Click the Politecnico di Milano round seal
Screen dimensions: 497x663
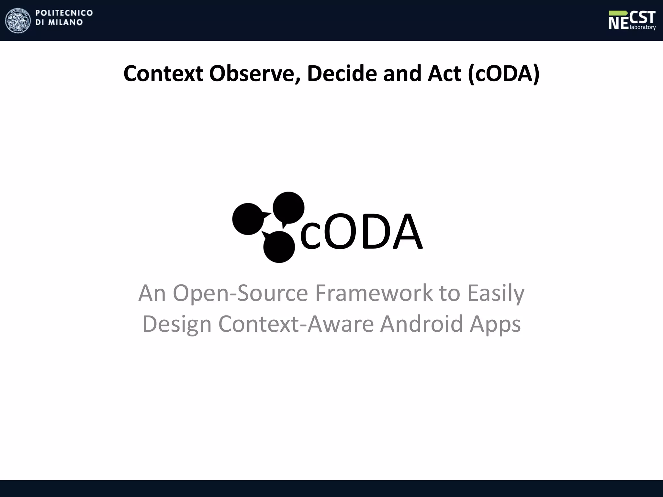pos(18,20)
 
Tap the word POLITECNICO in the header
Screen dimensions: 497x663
pos(64,13)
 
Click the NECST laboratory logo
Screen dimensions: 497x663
pos(632,20)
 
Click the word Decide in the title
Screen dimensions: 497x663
pos(342,73)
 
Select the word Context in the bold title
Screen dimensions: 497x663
pos(163,73)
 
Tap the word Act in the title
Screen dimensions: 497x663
pos(444,73)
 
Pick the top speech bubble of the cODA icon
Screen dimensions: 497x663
pos(288,208)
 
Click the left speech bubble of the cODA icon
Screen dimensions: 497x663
pos(248,219)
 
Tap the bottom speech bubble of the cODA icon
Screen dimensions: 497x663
pos(279,247)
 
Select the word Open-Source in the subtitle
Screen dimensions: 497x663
pos(240,293)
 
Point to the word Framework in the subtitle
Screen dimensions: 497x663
pos(374,293)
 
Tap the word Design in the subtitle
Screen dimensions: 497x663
pos(177,324)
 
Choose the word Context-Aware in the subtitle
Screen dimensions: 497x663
pos(296,324)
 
